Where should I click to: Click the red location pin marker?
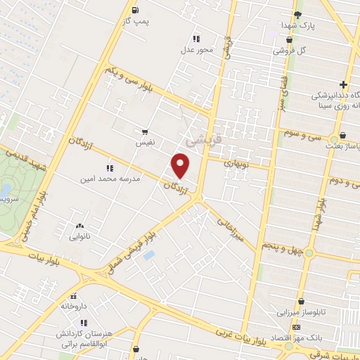click(181, 166)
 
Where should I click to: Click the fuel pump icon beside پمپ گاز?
click(136, 10)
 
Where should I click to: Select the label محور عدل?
click(195, 51)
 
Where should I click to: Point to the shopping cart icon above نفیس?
click(145, 131)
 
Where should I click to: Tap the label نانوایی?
click(79, 238)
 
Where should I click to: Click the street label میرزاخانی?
click(230, 229)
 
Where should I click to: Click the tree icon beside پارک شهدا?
click(298, 14)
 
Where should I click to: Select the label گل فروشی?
click(292, 51)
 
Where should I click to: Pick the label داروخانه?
click(75, 307)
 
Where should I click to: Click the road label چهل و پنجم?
click(281, 247)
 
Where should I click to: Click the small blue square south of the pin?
click(148, 255)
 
